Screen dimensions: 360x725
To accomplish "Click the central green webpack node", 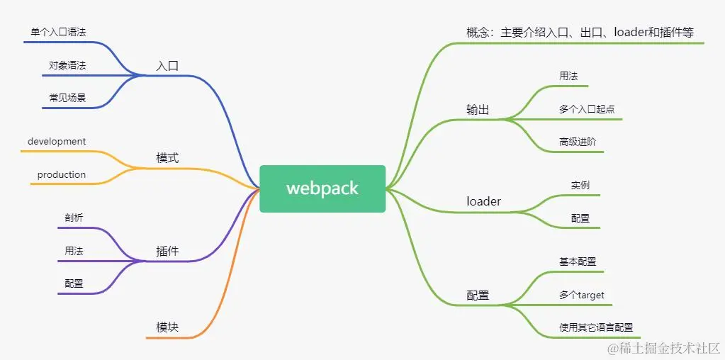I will point(322,189).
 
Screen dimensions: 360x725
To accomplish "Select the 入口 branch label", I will point(167,66).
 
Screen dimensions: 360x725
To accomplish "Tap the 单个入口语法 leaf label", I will point(59,33).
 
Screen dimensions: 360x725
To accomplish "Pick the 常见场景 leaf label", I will point(67,98).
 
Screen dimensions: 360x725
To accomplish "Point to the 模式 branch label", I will point(167,157).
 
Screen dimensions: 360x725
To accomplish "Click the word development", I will point(57,142).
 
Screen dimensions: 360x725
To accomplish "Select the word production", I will point(62,174).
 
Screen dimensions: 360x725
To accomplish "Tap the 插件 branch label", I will point(167,251).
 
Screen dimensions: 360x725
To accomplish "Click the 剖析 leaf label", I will point(74,218).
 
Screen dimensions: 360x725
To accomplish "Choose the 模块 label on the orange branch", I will point(167,327).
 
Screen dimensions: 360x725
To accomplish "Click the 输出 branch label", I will point(478,109).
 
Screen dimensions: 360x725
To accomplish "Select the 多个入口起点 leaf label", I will point(586,109).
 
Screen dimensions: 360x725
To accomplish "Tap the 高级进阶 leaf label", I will point(577,142).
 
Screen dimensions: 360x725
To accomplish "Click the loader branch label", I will point(483,201).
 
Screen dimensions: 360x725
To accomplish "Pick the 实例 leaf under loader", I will point(580,185).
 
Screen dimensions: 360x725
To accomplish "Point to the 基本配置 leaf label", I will point(577,261).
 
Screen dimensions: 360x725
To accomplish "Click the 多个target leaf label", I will point(581,295).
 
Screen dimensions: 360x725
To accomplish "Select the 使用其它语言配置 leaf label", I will point(595,327).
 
